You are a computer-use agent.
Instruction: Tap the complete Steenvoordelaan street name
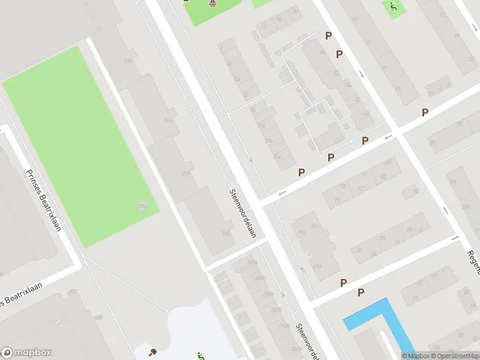point(242,213)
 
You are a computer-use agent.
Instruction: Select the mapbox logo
point(26,353)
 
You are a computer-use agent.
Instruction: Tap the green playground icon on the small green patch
point(393,7)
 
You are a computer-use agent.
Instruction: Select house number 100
point(128,61)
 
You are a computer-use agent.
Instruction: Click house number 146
point(168,121)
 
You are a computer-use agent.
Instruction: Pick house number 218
point(185,173)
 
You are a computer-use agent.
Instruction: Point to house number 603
point(98,316)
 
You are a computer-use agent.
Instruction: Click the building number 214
point(317,266)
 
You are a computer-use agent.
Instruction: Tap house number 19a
point(300,233)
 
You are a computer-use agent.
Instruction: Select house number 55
point(382,176)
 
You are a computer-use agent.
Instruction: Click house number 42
point(366,113)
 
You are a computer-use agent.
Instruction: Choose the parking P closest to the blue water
point(361,292)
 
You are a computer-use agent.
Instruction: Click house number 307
point(73,291)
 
